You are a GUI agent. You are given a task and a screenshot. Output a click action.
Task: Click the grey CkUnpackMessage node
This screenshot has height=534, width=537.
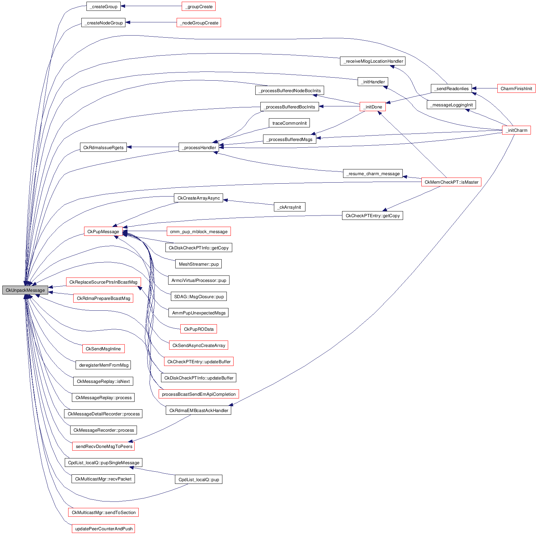[25, 290]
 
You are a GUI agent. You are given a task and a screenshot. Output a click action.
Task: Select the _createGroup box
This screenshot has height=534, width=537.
[103, 6]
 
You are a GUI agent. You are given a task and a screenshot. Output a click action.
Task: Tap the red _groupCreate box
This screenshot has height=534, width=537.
[199, 6]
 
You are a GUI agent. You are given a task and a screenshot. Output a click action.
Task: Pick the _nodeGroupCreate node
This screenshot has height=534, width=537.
[199, 23]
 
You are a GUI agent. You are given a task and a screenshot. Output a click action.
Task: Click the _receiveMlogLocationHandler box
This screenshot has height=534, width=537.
[373, 61]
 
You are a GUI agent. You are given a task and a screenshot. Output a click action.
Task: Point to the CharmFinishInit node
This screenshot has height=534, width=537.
[516, 88]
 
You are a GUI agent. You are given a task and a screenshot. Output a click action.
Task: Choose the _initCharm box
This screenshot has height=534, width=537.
[516, 130]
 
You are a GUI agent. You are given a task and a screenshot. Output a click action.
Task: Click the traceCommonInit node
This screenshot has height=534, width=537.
[289, 123]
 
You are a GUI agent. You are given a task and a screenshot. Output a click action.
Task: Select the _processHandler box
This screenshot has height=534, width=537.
[199, 147]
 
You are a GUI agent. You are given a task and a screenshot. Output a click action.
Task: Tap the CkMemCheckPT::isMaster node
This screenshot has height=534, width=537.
[451, 182]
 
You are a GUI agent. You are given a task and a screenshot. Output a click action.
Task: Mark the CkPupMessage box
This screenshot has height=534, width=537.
[103, 231]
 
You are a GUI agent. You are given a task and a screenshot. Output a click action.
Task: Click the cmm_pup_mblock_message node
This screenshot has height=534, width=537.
[199, 231]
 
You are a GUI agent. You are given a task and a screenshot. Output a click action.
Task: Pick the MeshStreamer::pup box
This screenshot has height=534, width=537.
[199, 264]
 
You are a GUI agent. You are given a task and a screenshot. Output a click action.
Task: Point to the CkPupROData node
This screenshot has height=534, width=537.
[199, 329]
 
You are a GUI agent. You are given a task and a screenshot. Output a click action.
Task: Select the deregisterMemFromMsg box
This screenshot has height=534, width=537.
[103, 365]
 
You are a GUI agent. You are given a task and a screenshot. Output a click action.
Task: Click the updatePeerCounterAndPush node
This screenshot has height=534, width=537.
[103, 529]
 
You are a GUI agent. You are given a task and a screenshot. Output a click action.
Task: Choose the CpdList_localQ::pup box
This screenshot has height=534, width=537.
[199, 479]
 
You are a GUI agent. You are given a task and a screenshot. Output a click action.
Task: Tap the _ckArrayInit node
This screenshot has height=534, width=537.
[290, 207]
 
